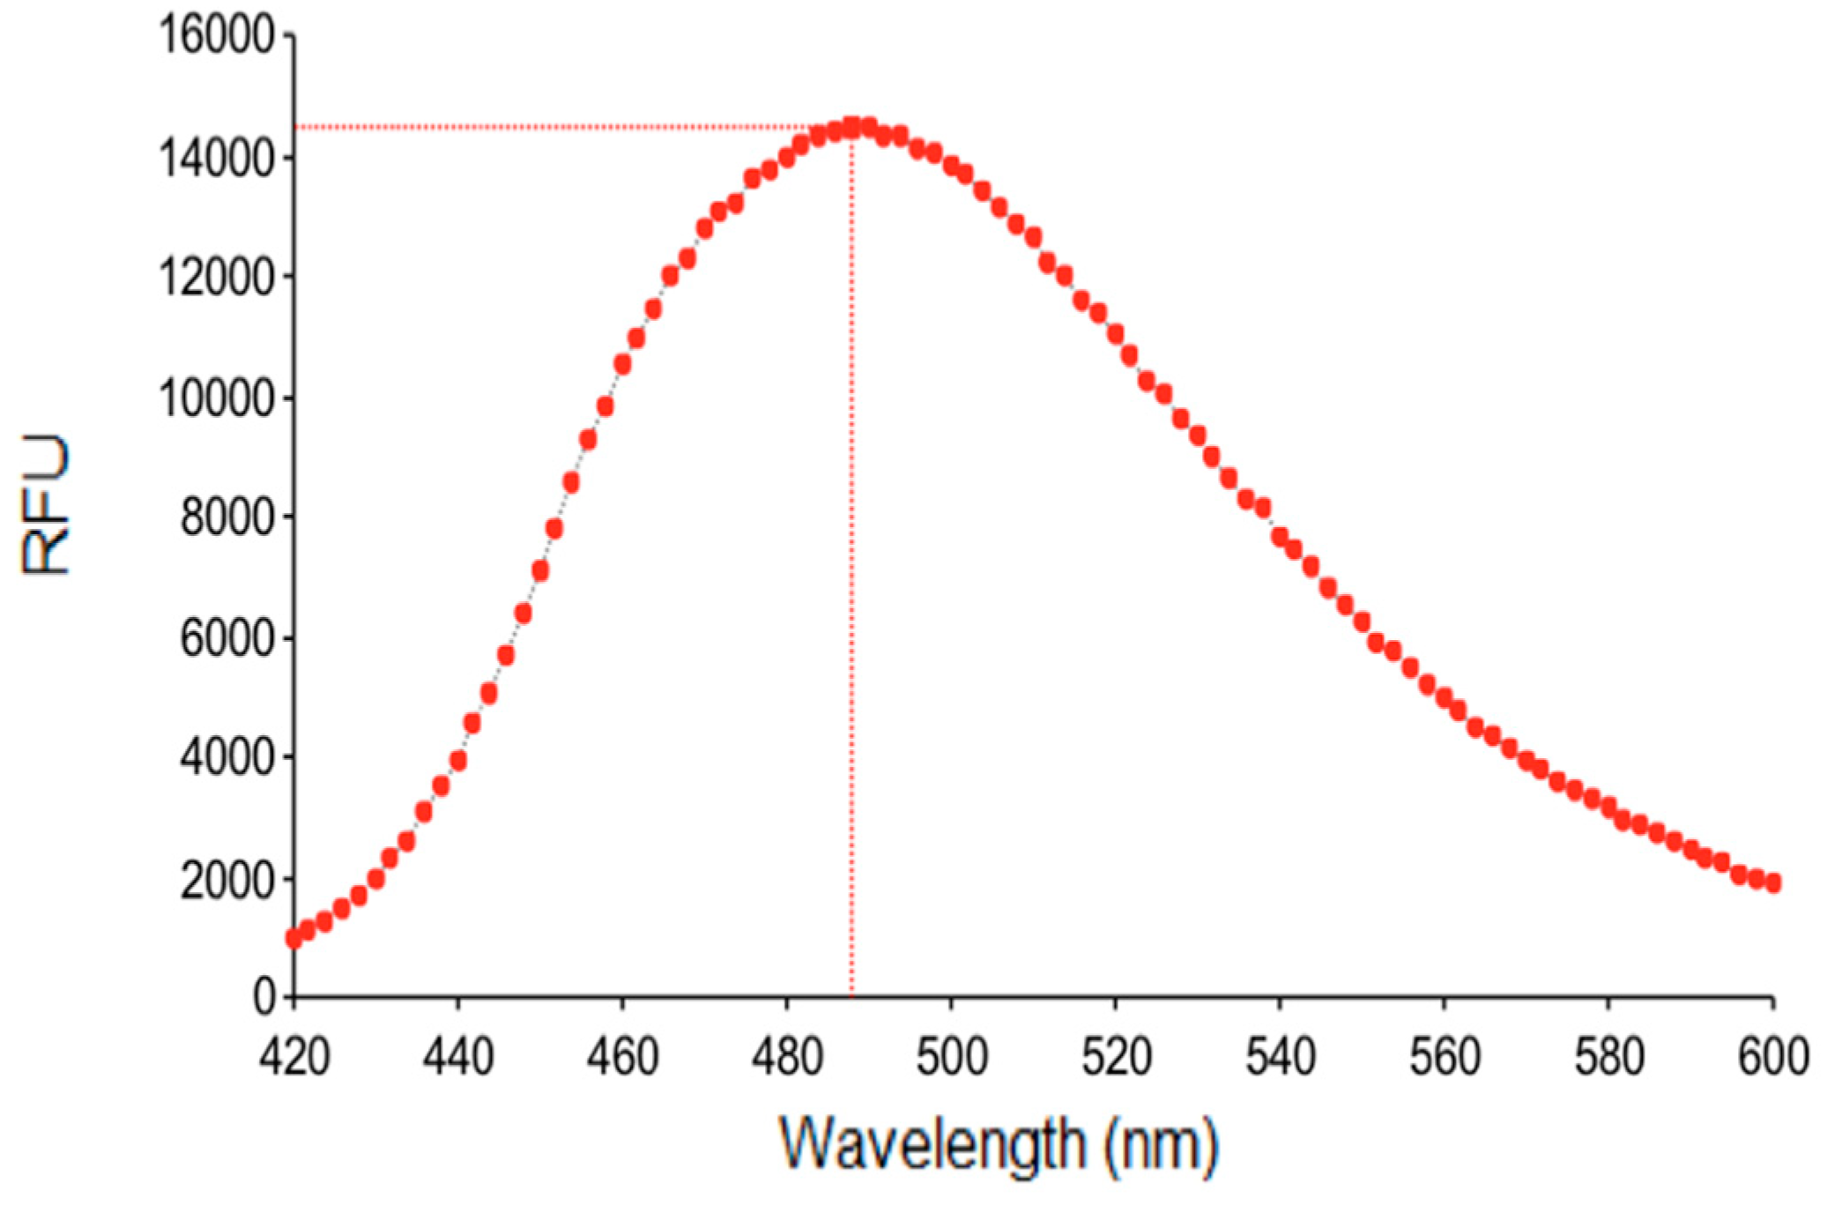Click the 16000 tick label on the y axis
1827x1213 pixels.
pos(216,37)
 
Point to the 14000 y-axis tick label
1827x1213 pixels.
pos(216,160)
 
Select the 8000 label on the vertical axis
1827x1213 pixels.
pos(227,517)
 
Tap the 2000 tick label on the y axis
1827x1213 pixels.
pos(227,880)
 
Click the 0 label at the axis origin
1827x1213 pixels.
pos(264,998)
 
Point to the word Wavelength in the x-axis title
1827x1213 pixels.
pos(932,1144)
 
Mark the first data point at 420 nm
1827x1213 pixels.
pos(293,939)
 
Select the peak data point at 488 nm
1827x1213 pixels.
pos(851,128)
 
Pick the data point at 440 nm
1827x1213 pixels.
pos(457,760)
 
